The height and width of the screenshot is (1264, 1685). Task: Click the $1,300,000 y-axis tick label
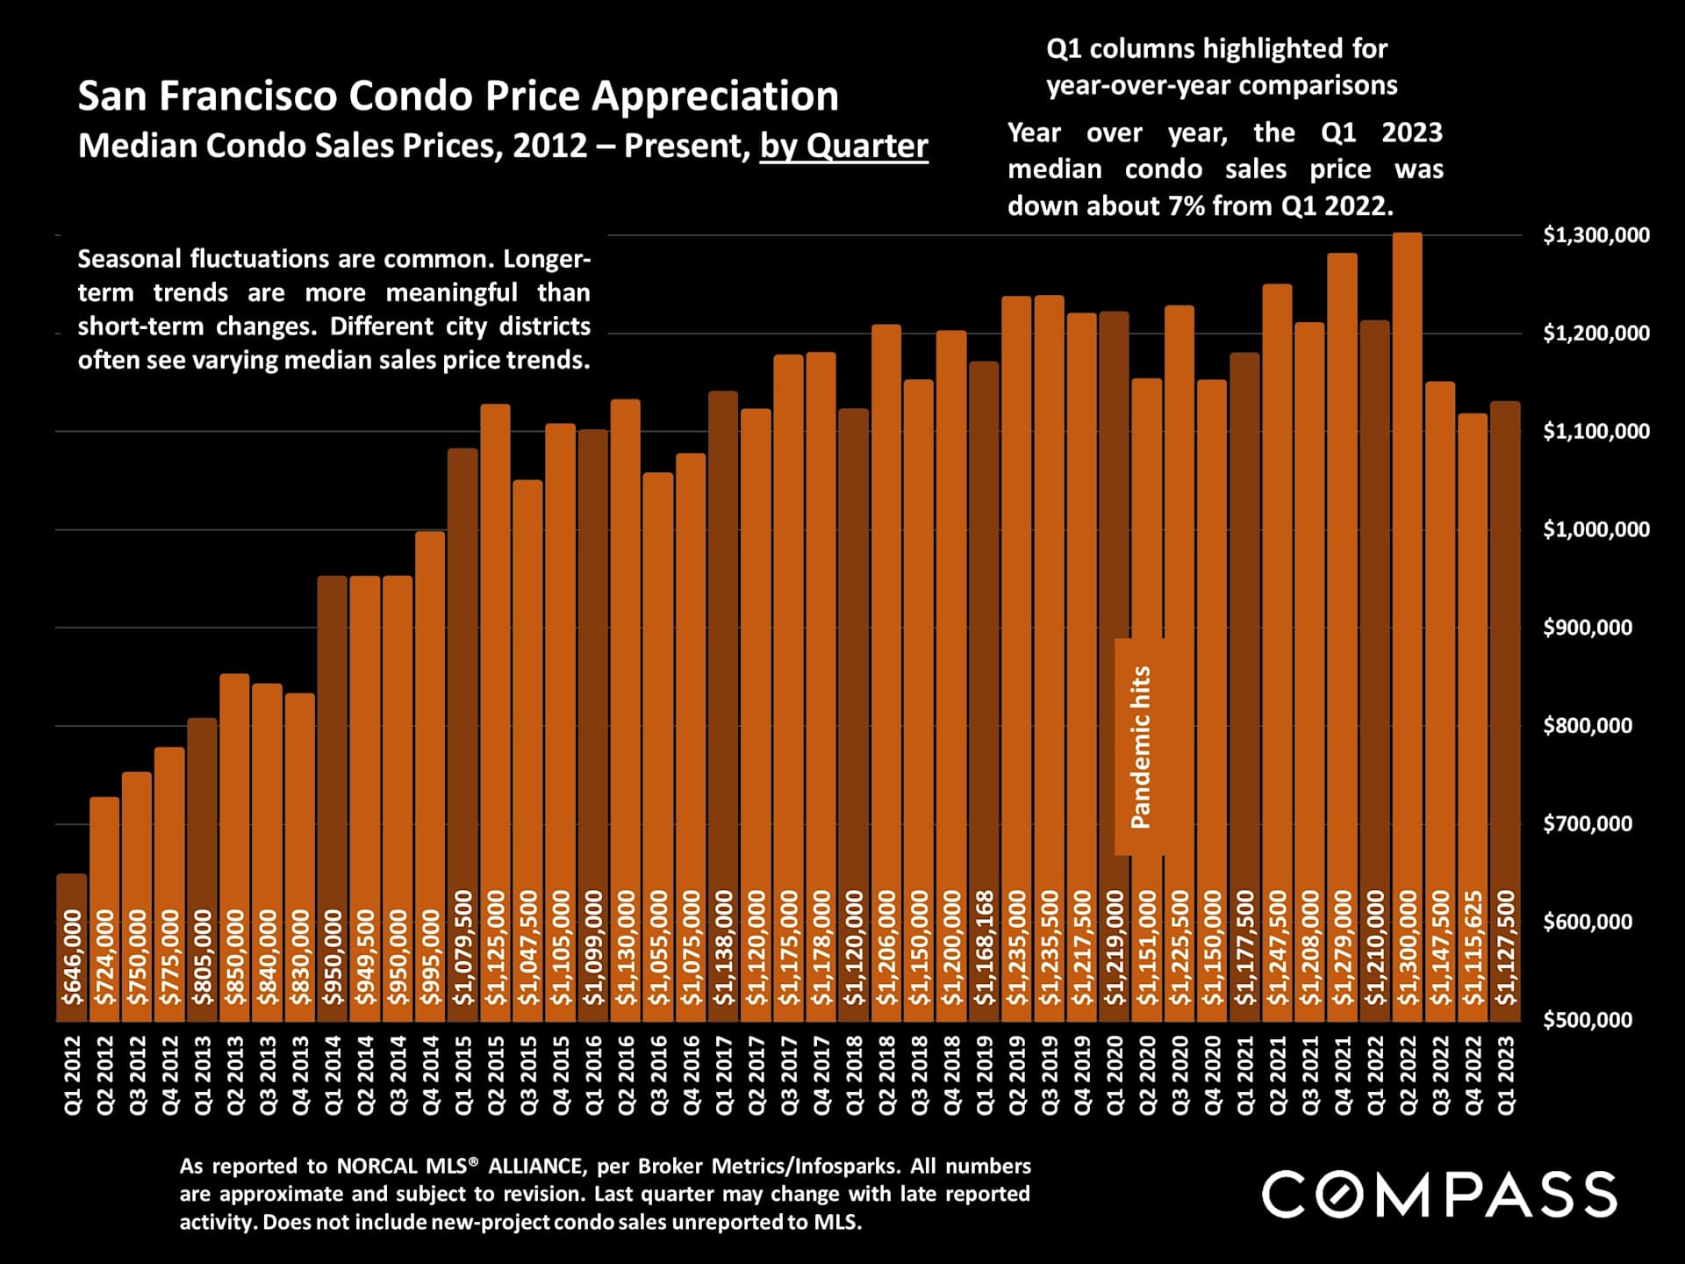(1596, 235)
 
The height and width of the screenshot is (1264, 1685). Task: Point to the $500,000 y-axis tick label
(1588, 1020)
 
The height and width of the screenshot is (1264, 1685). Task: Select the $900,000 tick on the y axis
(1588, 628)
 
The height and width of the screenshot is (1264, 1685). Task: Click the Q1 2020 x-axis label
(1115, 1075)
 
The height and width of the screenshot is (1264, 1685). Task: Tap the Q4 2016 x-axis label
(692, 1075)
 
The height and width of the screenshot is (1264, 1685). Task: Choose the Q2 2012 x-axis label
(104, 1075)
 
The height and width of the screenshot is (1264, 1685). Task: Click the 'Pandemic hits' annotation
(1140, 747)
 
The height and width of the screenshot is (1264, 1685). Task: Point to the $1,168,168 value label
(985, 948)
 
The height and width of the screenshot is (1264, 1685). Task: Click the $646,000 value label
(72, 957)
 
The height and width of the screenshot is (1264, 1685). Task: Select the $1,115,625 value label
(1473, 948)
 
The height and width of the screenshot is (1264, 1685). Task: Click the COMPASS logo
(1439, 1194)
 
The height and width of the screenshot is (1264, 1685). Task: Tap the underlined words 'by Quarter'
(843, 146)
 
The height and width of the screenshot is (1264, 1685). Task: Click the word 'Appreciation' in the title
(715, 96)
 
